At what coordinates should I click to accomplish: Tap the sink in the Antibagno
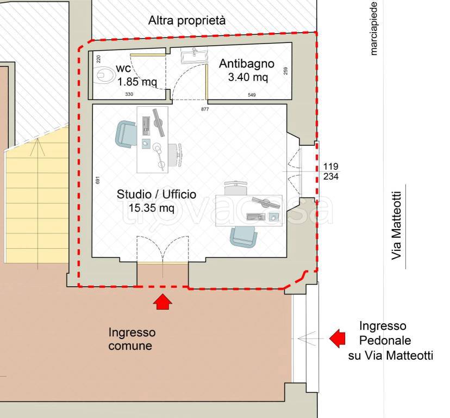click(193, 55)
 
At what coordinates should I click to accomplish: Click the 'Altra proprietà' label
click(187, 21)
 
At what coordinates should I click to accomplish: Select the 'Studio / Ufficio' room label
click(157, 195)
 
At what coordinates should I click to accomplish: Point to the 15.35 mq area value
click(151, 208)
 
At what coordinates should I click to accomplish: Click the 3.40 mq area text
click(248, 77)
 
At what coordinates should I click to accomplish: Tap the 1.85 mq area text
click(137, 82)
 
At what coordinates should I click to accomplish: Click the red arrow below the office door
click(162, 302)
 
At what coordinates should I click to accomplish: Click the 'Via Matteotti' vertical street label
click(396, 226)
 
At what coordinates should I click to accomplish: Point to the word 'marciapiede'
click(374, 28)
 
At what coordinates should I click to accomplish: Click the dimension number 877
click(205, 109)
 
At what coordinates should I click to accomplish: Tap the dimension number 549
click(252, 95)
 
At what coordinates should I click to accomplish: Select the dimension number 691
click(98, 180)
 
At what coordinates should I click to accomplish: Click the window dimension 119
click(331, 167)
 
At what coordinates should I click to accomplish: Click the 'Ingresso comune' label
click(132, 339)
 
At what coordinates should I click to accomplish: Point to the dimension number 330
click(129, 94)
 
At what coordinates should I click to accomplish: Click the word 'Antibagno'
click(247, 64)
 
